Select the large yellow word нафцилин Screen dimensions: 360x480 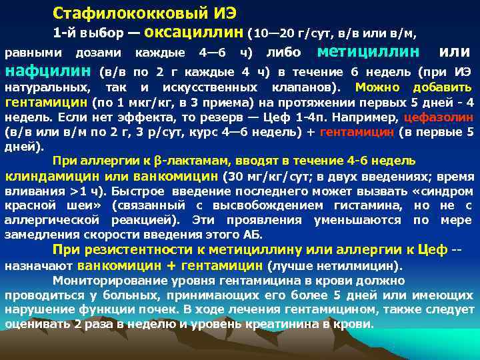coord(48,71)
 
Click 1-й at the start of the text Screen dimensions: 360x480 coord(67,32)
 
